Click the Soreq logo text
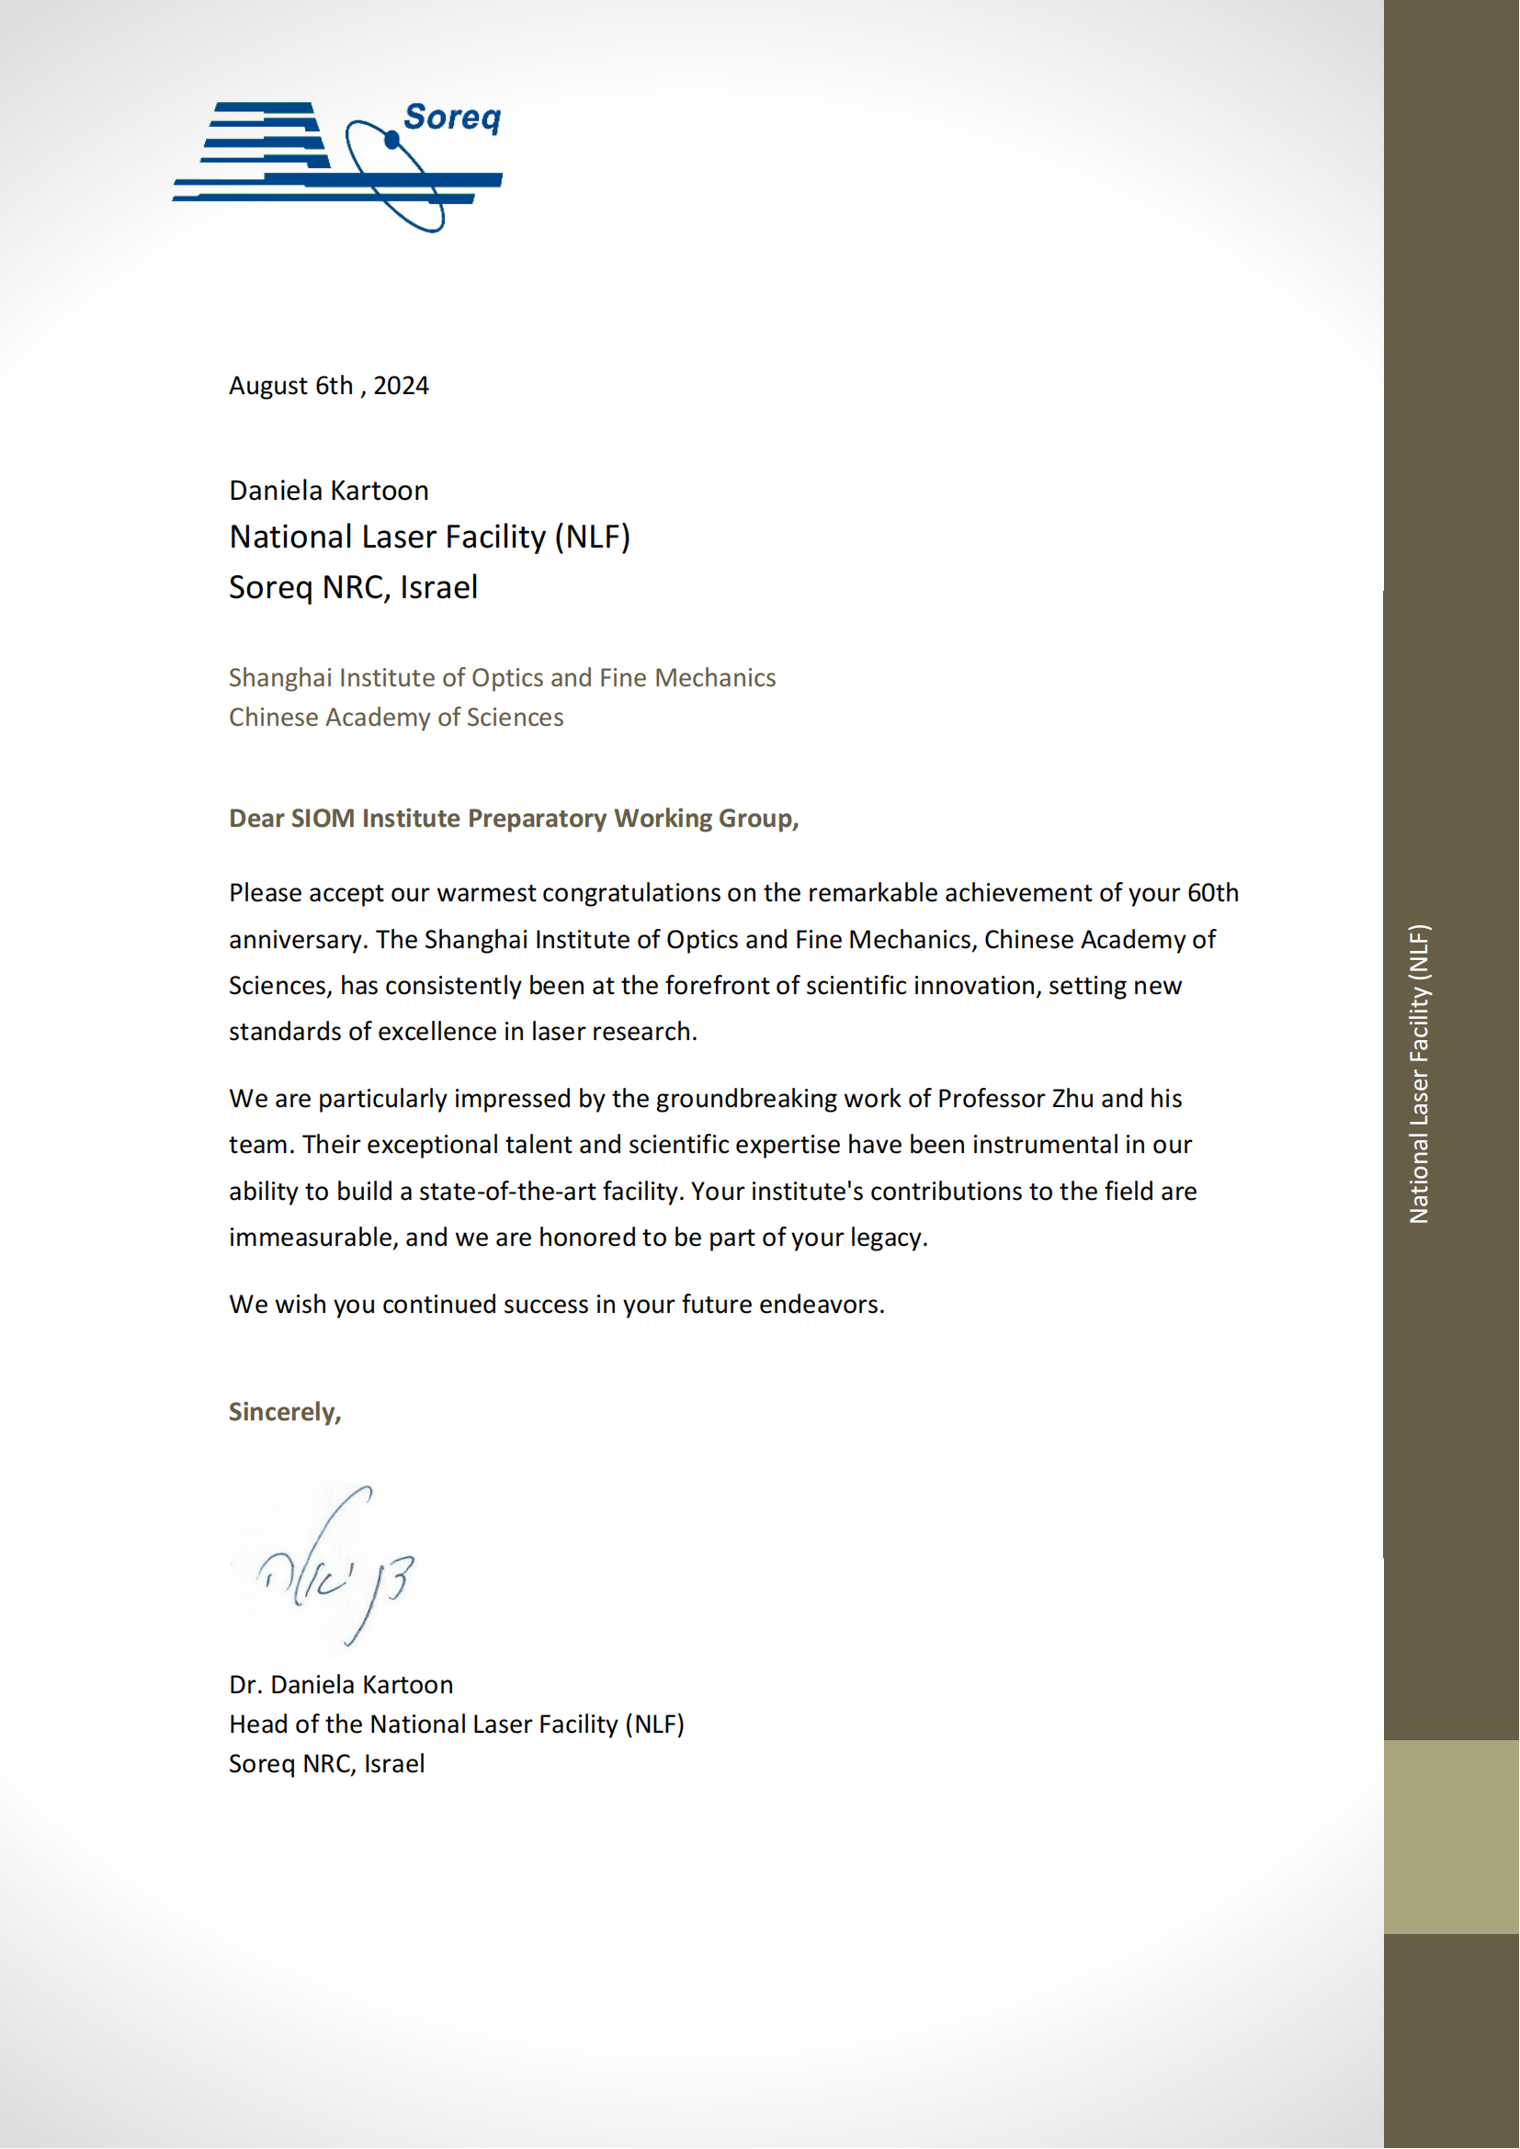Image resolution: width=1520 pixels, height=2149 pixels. [452, 118]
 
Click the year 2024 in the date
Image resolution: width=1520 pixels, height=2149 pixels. [401, 386]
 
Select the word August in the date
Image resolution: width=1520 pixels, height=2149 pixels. [268, 386]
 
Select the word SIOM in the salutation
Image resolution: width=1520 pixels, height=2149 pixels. [323, 818]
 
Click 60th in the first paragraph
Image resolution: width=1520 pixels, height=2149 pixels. [1212, 893]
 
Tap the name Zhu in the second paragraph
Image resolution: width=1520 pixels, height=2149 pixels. [1072, 1098]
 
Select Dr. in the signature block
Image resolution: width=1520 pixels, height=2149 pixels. [245, 1685]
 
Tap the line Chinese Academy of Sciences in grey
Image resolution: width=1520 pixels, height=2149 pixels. [396, 717]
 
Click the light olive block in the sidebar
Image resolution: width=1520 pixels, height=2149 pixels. [1451, 1837]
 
